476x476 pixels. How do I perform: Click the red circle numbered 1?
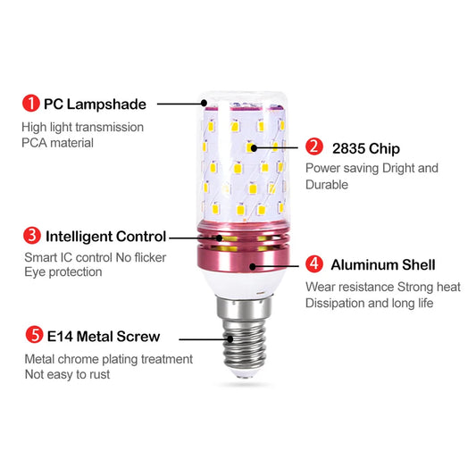30,104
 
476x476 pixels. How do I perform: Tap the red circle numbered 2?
313,147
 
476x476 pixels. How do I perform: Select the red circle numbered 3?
31,237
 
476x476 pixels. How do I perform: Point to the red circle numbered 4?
313,264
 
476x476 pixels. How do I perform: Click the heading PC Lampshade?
96,104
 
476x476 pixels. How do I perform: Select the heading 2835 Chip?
365,148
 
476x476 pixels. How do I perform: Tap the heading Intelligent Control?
105,237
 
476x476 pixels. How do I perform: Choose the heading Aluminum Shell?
382,264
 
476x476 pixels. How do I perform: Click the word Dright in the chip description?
397,168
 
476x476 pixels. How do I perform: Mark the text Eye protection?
63,272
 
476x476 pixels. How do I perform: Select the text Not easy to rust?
68,375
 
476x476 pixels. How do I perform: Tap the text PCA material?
57,143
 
